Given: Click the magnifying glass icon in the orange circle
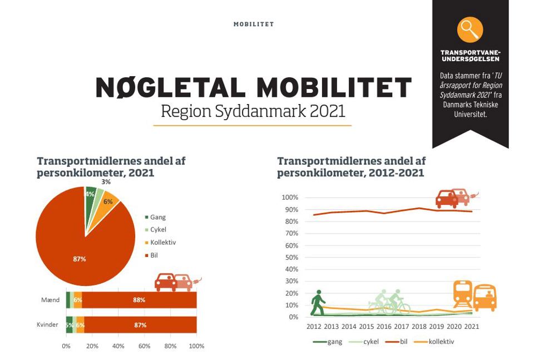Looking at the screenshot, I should [x=470, y=29].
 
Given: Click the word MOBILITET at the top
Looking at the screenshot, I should [x=254, y=24].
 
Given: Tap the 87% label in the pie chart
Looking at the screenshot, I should [x=80, y=259].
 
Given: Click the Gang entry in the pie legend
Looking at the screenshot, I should [x=157, y=217].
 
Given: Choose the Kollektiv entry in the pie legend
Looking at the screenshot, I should [x=162, y=243].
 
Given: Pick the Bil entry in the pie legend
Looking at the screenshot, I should [x=154, y=255].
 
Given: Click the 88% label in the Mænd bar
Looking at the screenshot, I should [x=139, y=300].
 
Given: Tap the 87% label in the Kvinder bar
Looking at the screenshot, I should [x=140, y=325].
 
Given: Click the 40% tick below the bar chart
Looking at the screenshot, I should [x=118, y=346].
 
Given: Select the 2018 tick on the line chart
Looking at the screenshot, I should [x=418, y=327].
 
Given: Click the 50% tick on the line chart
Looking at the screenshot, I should [x=290, y=257].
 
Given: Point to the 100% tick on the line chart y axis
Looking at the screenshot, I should [x=290, y=198].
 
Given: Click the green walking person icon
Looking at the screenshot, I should [x=318, y=303].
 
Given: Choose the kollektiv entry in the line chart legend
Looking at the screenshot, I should [x=441, y=341].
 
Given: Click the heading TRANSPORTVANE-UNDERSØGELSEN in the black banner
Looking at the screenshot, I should [x=470, y=55].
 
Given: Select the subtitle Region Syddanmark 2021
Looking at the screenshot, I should [x=253, y=111].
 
